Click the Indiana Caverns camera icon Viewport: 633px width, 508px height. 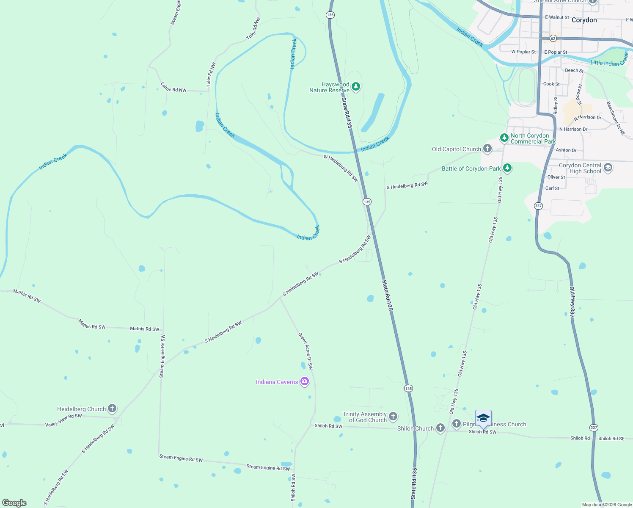coord(304,381)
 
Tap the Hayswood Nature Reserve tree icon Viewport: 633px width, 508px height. coord(356,87)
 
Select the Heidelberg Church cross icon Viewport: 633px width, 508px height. coord(112,409)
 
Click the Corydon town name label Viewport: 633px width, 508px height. coord(584,20)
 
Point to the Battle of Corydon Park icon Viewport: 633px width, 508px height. coord(507,168)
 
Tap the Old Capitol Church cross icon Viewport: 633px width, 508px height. coord(487,148)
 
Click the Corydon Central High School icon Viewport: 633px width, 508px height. coord(608,168)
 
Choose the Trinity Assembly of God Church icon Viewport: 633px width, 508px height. coord(393,417)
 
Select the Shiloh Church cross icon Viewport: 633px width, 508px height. coord(440,428)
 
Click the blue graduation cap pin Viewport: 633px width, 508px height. coord(483,418)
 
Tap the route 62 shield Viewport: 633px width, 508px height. coord(553,38)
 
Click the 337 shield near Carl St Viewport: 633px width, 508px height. coord(538,206)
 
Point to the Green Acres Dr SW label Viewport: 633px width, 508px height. coord(305,351)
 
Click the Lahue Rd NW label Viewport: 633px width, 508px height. coord(173,87)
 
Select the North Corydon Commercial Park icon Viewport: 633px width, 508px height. coord(504,138)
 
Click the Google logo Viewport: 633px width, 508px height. coord(14,502)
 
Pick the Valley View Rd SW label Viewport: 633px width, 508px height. coord(63,420)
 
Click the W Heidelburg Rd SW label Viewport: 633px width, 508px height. coord(341,168)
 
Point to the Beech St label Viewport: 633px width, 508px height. coord(574,70)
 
